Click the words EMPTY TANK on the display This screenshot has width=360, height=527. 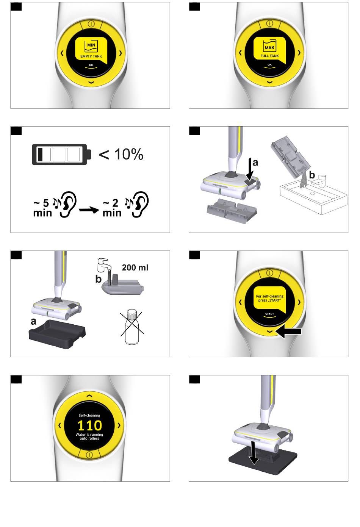(91, 56)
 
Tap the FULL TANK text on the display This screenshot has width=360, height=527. (269, 56)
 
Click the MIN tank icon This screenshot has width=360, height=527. (91, 46)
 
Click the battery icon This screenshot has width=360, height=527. (62, 154)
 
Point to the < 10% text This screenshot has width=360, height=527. (121, 155)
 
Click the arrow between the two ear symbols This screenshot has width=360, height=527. (89, 210)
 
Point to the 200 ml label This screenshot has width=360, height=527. (135, 267)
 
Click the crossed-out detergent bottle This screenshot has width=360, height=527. (132, 327)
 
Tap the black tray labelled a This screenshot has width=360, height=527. (57, 333)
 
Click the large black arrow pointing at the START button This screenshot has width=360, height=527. (288, 332)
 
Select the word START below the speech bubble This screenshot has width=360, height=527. (269, 314)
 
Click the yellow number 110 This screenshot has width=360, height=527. (89, 425)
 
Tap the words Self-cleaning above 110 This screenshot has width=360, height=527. (89, 416)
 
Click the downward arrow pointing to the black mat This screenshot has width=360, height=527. (254, 453)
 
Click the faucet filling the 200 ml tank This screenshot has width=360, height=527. (104, 266)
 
